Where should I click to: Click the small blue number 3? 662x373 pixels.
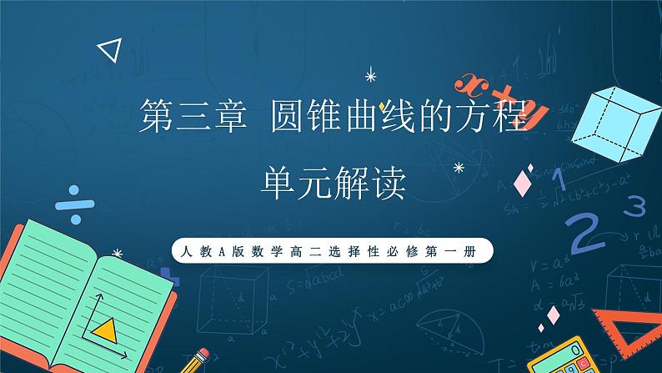pyautogui.click(x=635, y=204)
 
